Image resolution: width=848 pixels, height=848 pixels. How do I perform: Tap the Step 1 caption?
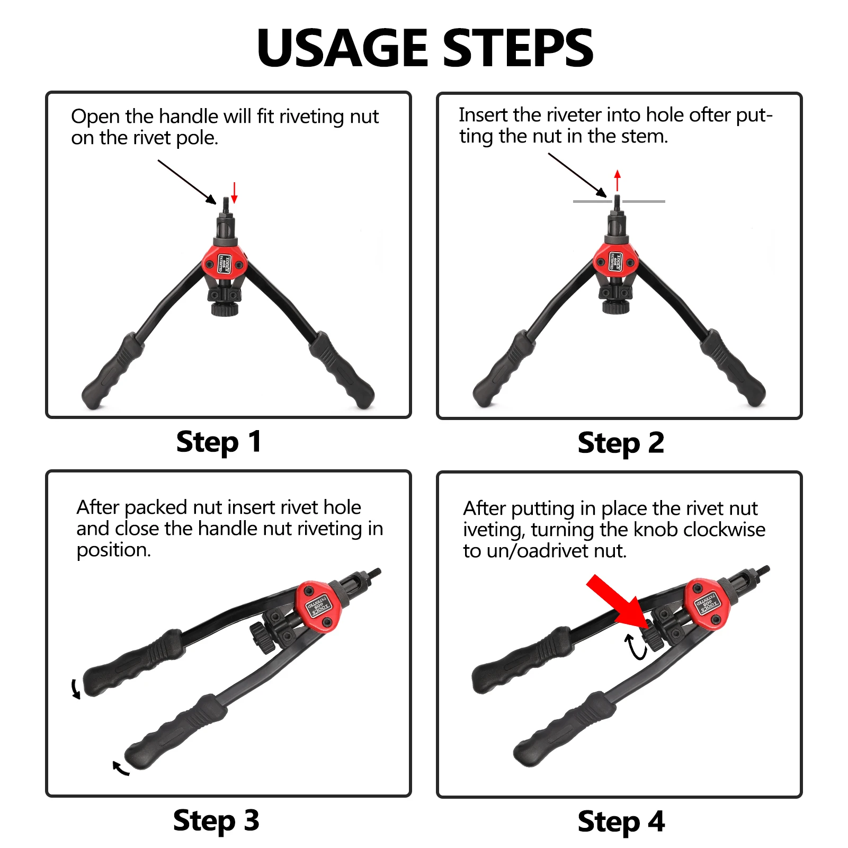[218, 442]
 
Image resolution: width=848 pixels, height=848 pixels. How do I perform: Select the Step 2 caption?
[620, 443]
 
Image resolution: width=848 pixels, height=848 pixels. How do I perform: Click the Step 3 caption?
[216, 821]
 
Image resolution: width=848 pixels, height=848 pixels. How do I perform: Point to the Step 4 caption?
[621, 822]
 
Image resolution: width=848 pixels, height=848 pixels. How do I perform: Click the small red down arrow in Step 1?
[234, 193]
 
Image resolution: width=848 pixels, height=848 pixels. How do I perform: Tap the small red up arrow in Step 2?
[617, 180]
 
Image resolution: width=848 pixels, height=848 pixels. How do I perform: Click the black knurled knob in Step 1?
[225, 309]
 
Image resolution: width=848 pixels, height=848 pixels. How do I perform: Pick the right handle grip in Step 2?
[736, 368]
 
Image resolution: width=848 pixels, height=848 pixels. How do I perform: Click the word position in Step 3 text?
[113, 550]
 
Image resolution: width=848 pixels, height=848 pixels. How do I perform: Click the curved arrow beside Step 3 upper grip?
[76, 689]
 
